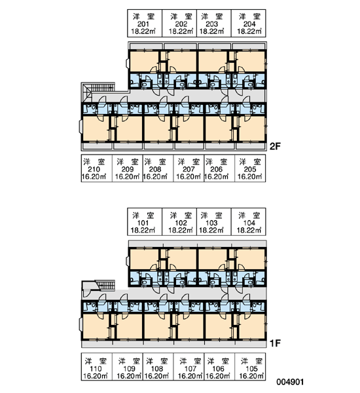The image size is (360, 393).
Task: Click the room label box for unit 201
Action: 145,24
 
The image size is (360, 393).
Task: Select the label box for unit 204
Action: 248,24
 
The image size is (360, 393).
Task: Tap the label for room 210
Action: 96,168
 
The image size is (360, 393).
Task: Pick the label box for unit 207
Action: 189,168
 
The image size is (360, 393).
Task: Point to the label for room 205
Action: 250,168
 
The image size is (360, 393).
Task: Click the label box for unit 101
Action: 145,221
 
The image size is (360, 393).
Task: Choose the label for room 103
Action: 213,221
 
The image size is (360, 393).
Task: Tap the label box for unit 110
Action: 96,367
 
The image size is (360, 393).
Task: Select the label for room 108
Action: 158,367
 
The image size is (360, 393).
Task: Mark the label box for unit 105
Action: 250,367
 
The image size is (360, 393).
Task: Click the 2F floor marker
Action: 275,146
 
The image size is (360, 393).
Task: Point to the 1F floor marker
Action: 275,343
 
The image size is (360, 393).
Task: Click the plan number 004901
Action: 290,382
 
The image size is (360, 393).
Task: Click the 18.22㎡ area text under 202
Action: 181,31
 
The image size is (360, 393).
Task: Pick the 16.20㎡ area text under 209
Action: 127,176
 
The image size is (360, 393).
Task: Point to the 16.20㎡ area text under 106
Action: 217,375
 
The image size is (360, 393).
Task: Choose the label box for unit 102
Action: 179,221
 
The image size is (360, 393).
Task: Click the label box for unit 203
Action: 213,24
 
